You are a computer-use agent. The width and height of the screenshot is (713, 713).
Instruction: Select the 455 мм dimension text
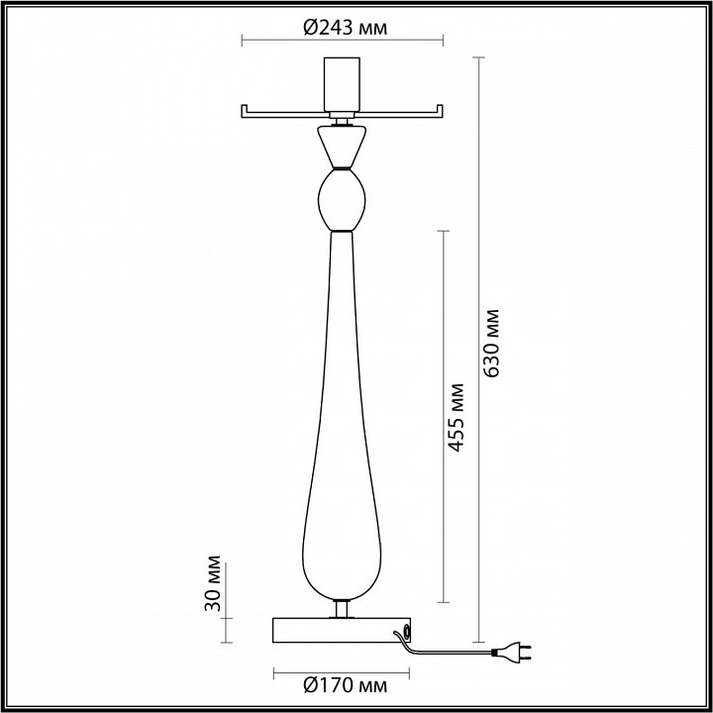[457, 416]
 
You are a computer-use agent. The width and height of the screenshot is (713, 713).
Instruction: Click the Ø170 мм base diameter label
[343, 684]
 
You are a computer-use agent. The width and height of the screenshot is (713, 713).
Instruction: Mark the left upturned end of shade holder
[244, 111]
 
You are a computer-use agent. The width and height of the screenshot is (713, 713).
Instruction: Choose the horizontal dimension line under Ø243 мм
[343, 42]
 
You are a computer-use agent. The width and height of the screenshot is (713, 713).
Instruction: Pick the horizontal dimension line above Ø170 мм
[343, 670]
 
